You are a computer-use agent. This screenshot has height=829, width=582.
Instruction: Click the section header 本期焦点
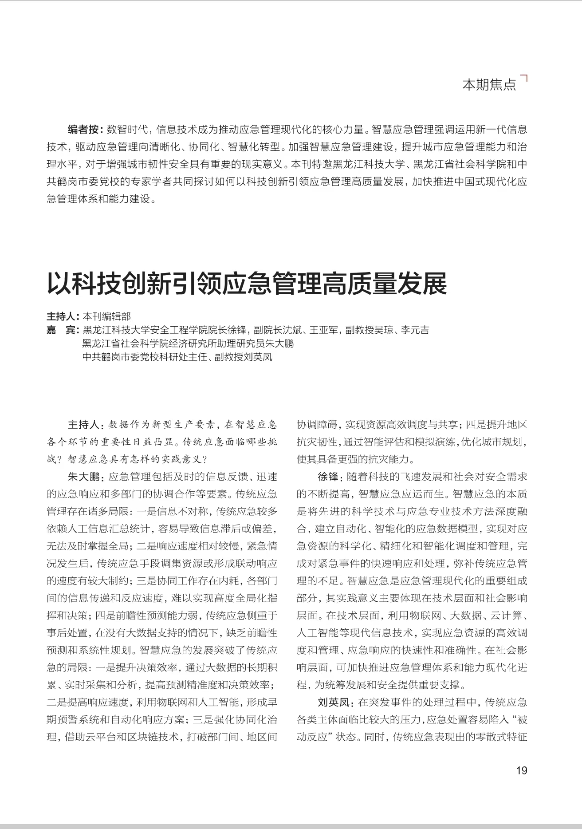point(489,84)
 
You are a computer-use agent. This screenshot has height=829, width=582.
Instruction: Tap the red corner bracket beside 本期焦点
point(524,79)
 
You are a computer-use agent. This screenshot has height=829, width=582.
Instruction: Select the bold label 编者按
point(84,130)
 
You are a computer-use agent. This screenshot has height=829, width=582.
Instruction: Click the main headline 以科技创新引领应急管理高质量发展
point(247,284)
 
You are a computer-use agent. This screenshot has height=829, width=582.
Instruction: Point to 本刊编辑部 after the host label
point(107,316)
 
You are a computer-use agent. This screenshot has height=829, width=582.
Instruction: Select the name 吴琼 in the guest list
point(382,330)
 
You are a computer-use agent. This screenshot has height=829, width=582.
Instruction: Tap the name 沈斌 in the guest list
point(291,330)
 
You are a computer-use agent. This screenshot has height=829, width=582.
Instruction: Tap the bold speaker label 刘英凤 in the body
point(334,703)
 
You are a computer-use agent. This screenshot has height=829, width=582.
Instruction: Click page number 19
point(522,770)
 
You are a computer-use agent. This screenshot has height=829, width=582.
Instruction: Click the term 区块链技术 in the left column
point(153,737)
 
